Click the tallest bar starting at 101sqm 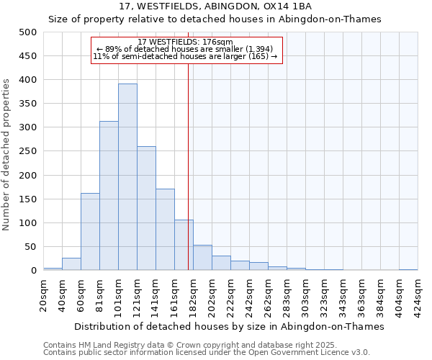(x=127, y=177)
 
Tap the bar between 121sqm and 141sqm (x=146, y=209)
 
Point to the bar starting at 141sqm (x=165, y=230)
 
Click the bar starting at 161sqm (x=184, y=246)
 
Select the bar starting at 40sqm (x=71, y=264)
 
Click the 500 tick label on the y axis (x=28, y=32)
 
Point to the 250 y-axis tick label (x=28, y=152)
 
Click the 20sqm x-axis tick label (x=44, y=293)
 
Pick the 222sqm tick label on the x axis (x=231, y=293)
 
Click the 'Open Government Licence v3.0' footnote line (x=207, y=352)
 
